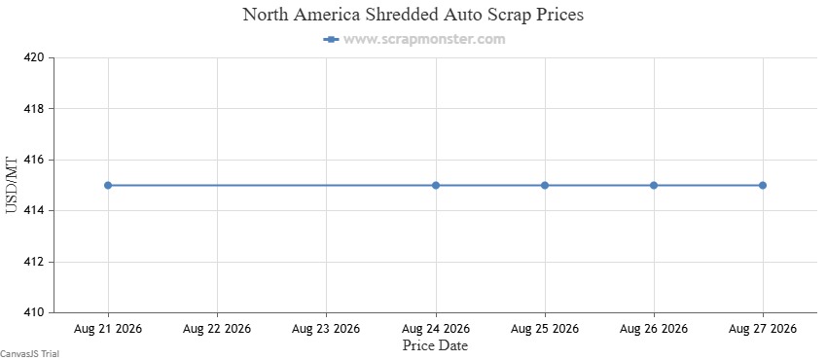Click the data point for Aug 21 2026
click(x=108, y=185)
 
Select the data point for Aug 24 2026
click(x=436, y=185)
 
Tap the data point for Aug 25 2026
click(x=545, y=185)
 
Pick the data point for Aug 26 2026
click(x=654, y=185)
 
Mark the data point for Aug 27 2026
click(x=763, y=185)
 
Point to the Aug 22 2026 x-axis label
click(x=217, y=329)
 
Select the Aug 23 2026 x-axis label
click(x=327, y=329)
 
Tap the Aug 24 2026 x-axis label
click(x=436, y=329)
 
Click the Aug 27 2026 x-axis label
click(x=763, y=329)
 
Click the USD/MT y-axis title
click(x=12, y=185)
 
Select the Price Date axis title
click(x=436, y=345)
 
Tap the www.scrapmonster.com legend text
click(x=424, y=39)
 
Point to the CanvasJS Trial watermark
click(x=29, y=354)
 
